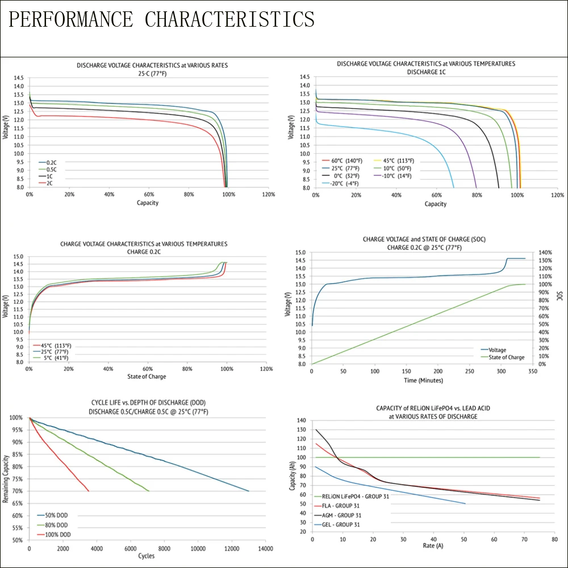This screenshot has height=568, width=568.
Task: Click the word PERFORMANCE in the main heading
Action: (72, 19)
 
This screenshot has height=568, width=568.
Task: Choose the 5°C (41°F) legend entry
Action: (55, 358)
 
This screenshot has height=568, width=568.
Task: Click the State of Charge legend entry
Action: (507, 357)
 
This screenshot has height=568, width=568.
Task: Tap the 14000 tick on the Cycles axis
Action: (265, 549)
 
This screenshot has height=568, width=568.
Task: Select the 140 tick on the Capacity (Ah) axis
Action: (301, 421)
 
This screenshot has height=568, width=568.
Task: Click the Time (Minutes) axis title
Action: (423, 380)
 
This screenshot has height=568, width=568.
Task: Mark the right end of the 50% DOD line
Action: (248, 491)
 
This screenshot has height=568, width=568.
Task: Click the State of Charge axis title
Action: (147, 376)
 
